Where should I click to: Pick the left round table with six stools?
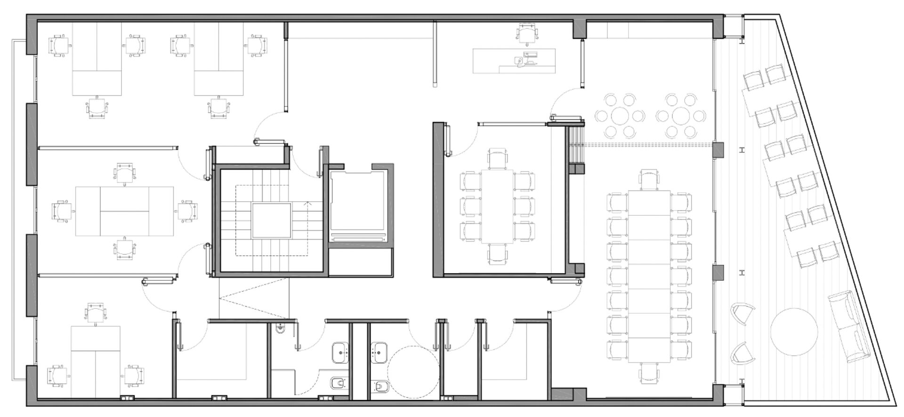619,116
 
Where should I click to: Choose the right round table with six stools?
681,116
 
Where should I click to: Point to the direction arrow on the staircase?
308,204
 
